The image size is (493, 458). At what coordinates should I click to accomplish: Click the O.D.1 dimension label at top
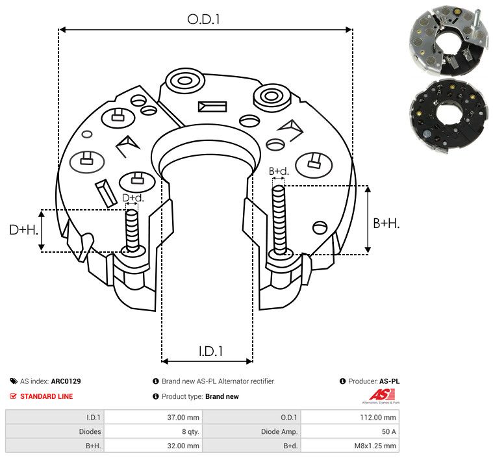(204, 19)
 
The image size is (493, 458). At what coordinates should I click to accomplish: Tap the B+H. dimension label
(386, 223)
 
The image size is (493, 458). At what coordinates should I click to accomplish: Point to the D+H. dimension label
(24, 230)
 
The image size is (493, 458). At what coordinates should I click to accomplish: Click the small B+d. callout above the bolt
(279, 172)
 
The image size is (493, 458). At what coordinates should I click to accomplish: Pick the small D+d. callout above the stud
(133, 197)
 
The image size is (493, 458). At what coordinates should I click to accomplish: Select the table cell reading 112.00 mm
(381, 417)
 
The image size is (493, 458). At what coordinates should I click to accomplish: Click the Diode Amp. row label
(280, 431)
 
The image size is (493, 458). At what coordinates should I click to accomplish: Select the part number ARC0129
(66, 381)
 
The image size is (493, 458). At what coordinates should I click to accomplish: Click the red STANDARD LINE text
(46, 396)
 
